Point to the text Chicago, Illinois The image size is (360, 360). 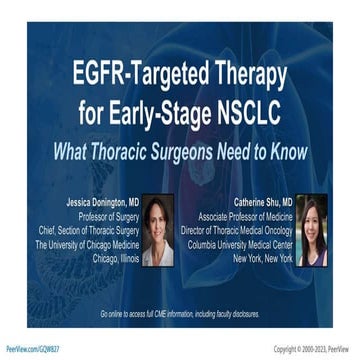pos(113,257)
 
